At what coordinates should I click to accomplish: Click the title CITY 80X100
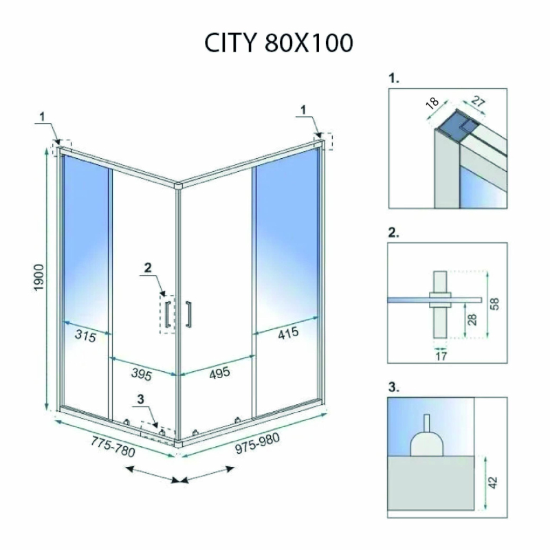[x=278, y=43]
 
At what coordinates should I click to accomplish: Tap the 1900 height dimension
[x=38, y=277]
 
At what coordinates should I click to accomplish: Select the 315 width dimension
[x=85, y=335]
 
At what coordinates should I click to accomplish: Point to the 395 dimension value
[x=142, y=374]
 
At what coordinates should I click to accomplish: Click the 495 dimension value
[x=219, y=373]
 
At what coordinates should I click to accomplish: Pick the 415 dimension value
[x=288, y=333]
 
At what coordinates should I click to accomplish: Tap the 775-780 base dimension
[x=113, y=446]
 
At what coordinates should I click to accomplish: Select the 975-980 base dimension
[x=257, y=443]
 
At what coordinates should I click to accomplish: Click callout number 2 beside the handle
[x=148, y=267]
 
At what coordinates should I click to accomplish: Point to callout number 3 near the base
[x=141, y=399]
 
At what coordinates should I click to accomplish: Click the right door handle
[x=188, y=314]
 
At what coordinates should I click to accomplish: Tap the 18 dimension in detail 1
[x=432, y=102]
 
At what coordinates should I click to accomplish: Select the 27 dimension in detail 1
[x=478, y=101]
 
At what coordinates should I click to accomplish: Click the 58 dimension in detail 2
[x=494, y=304]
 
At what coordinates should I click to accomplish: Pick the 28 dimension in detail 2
[x=472, y=320]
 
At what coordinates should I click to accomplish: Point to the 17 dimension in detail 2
[x=441, y=356]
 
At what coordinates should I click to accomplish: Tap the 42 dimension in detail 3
[x=493, y=482]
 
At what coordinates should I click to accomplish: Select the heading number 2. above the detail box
[x=393, y=232]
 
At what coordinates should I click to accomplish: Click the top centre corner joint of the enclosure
[x=178, y=186]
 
